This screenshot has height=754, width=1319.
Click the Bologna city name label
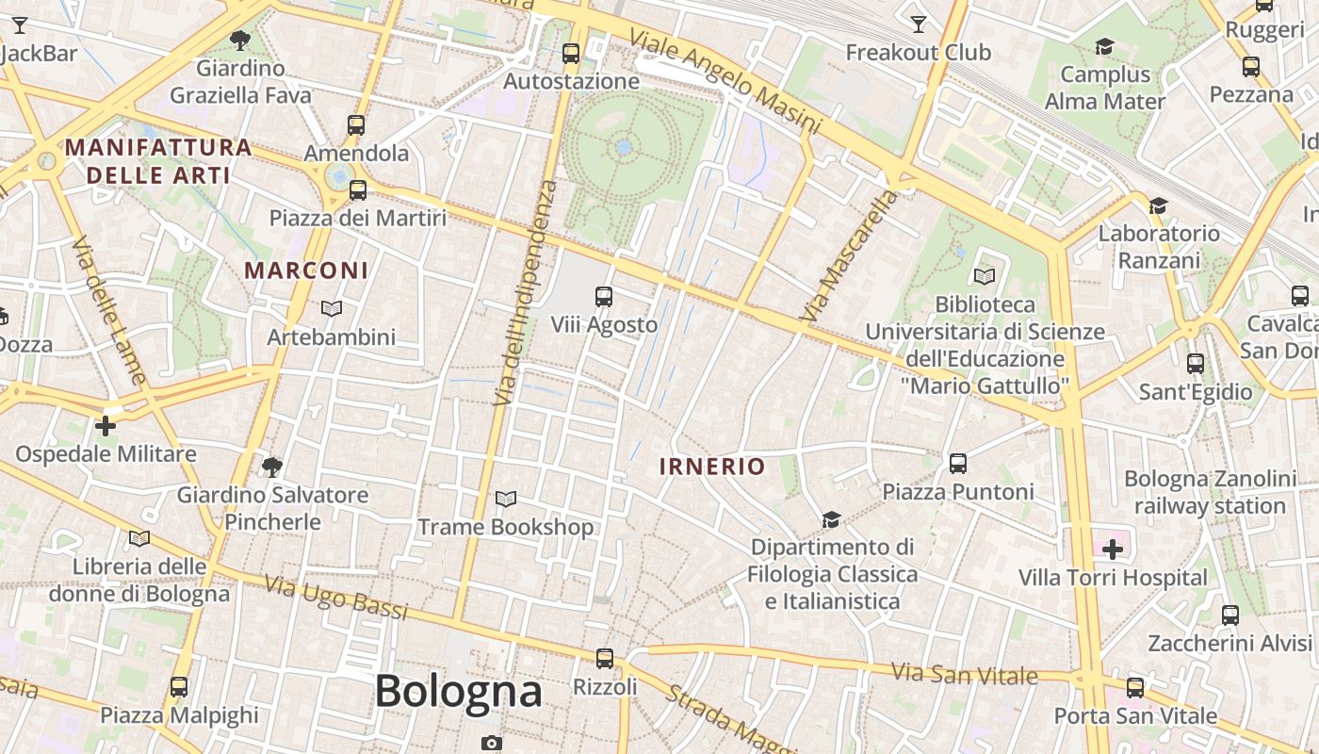(459, 692)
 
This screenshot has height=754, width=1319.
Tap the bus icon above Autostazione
(571, 54)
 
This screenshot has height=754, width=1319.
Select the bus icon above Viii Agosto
(604, 297)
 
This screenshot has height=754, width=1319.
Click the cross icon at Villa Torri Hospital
(1113, 549)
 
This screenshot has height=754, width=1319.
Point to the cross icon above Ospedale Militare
(106, 426)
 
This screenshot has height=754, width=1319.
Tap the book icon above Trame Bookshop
(506, 499)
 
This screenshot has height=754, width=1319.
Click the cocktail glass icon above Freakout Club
(919, 25)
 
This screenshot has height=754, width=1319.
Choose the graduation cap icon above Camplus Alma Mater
(1104, 46)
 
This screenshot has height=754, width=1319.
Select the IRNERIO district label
(712, 467)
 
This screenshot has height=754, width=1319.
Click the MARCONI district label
(306, 270)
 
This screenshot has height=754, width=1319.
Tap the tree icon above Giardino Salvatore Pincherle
(272, 467)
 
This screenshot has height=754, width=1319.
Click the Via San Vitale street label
(965, 674)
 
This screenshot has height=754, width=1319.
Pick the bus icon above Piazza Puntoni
(958, 464)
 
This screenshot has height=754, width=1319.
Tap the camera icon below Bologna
(491, 743)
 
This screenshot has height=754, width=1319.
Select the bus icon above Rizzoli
(605, 659)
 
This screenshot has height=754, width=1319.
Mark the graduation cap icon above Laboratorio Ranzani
(1158, 205)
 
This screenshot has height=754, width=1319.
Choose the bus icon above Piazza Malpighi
(179, 687)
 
